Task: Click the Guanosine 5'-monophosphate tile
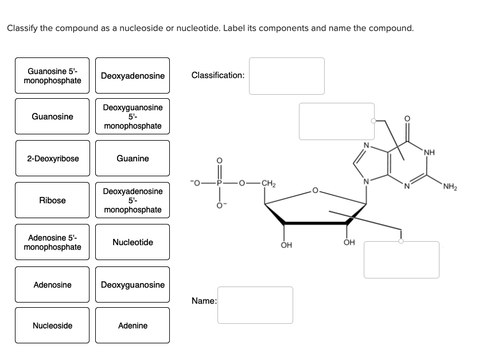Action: (x=52, y=76)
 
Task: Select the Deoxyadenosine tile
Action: (x=133, y=76)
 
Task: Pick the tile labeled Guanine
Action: (x=133, y=158)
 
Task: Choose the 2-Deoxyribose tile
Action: (x=52, y=158)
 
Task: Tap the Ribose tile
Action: (x=52, y=200)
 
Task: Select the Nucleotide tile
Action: (x=133, y=242)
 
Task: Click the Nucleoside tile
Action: (x=52, y=326)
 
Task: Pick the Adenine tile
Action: (x=133, y=326)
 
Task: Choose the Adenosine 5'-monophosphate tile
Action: (x=52, y=242)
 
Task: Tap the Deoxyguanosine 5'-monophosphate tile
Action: (x=133, y=117)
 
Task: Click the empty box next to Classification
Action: (x=286, y=76)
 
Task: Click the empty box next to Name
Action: (x=255, y=305)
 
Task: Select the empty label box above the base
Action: (x=336, y=121)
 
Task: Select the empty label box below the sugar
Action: (x=401, y=260)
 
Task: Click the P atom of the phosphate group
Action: (x=218, y=184)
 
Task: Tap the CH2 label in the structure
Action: (x=268, y=184)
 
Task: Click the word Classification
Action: (x=217, y=75)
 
